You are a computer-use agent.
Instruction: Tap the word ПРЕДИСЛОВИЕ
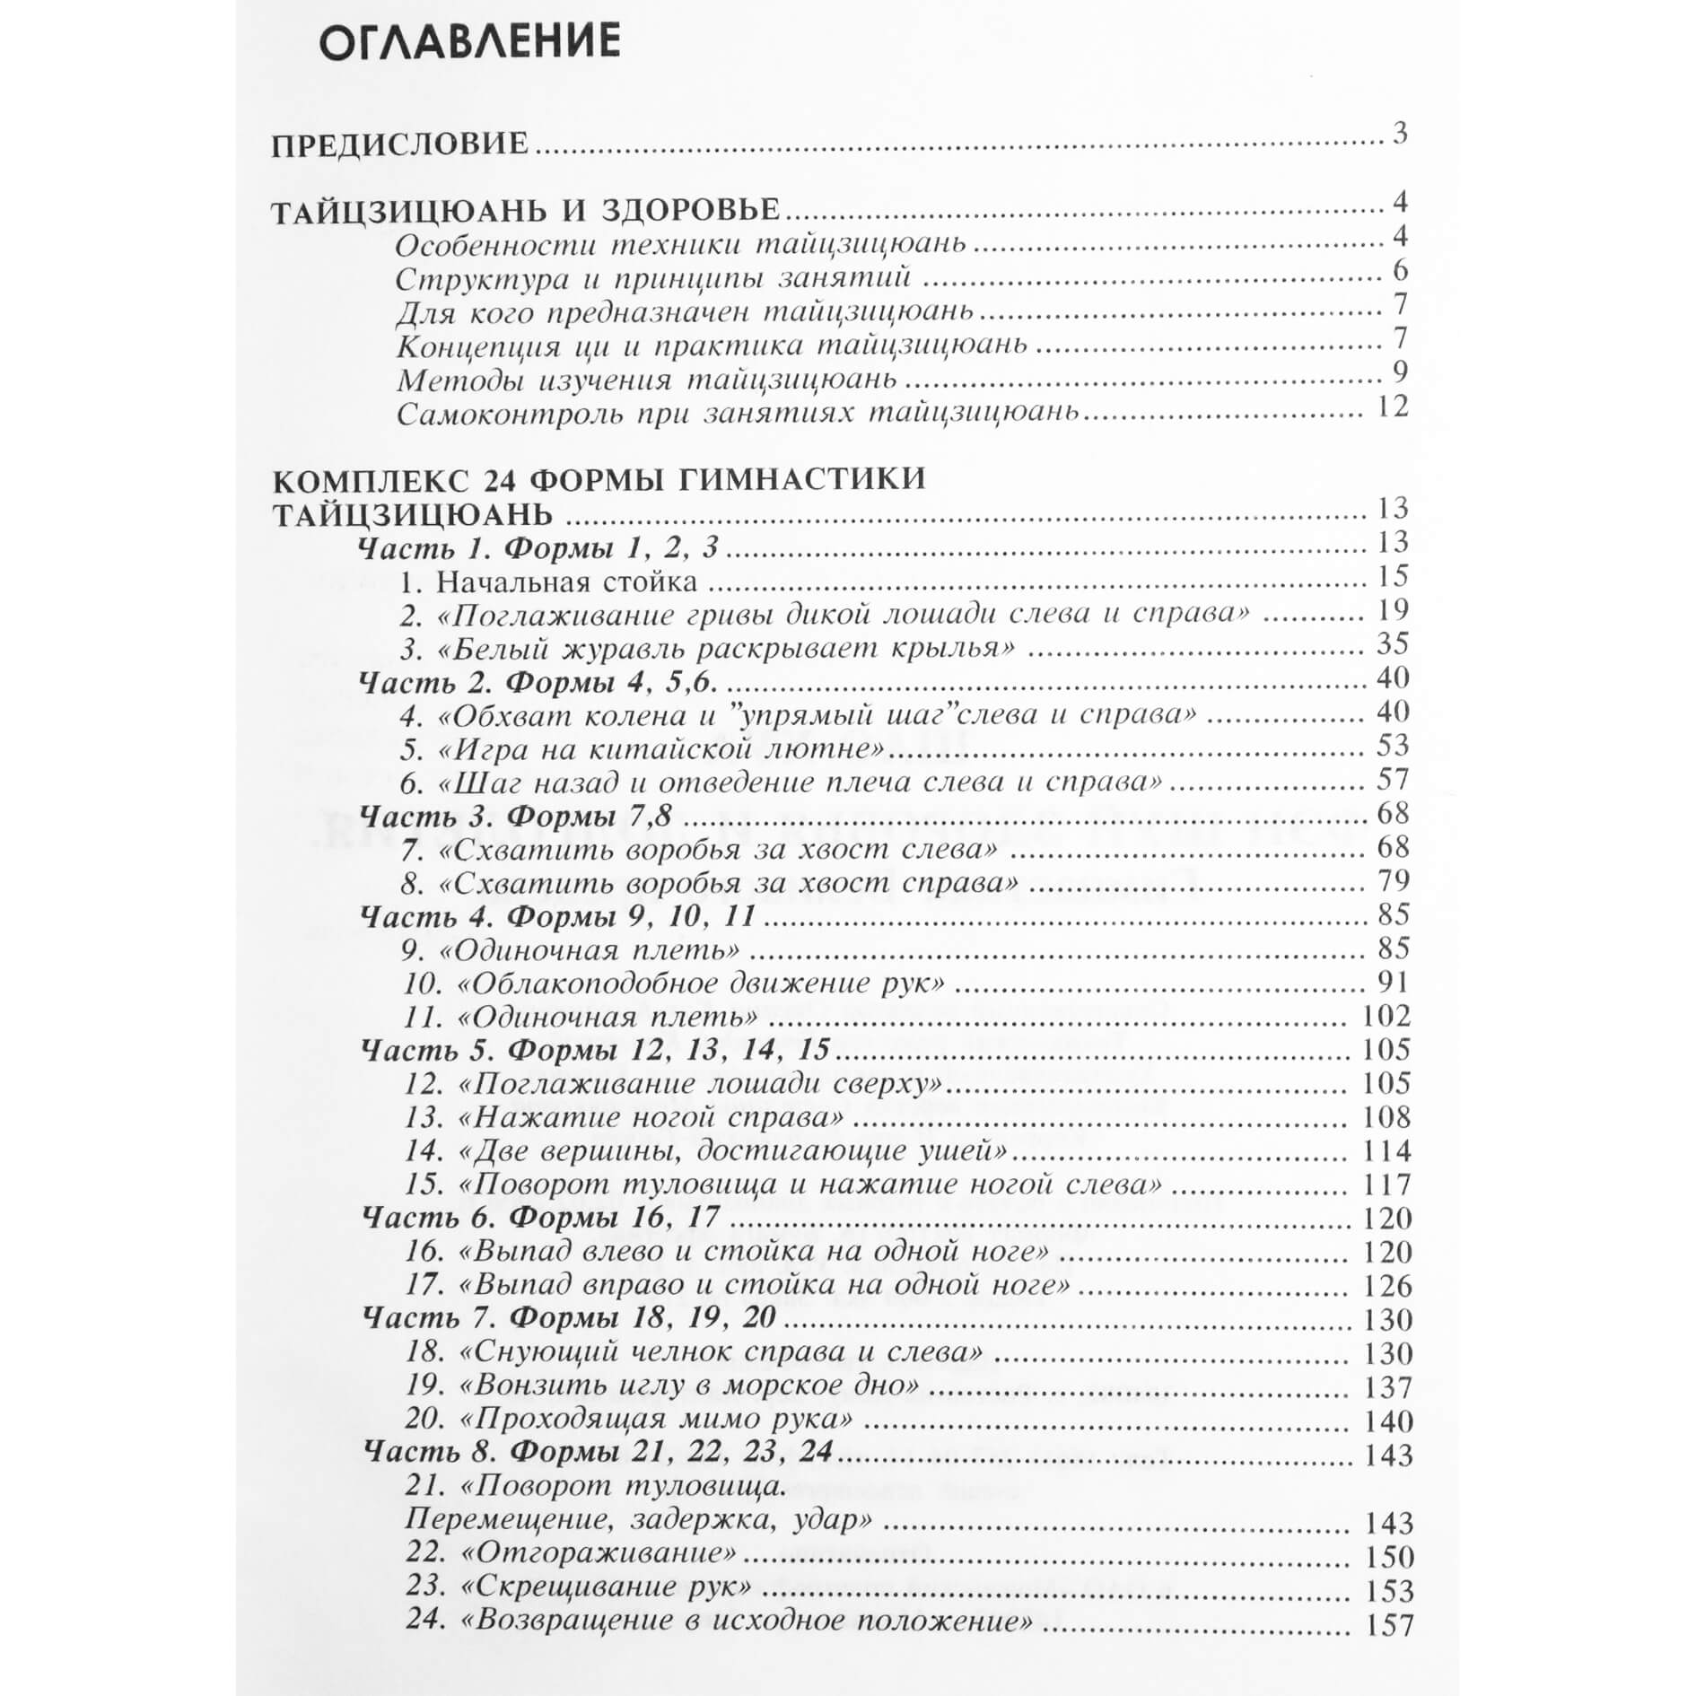coord(399,144)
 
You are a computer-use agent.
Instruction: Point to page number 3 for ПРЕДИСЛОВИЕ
coord(1399,134)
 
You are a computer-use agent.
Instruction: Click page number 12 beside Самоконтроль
coord(1392,407)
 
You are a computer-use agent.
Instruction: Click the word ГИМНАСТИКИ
coord(803,478)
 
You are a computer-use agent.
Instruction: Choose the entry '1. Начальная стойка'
coord(548,582)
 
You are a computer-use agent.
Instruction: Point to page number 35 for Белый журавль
coord(1392,643)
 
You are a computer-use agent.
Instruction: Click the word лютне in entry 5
coord(827,747)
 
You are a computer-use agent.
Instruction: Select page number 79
coord(1392,880)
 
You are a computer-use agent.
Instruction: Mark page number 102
coord(1386,1016)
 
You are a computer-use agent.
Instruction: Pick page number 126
coord(1386,1286)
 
